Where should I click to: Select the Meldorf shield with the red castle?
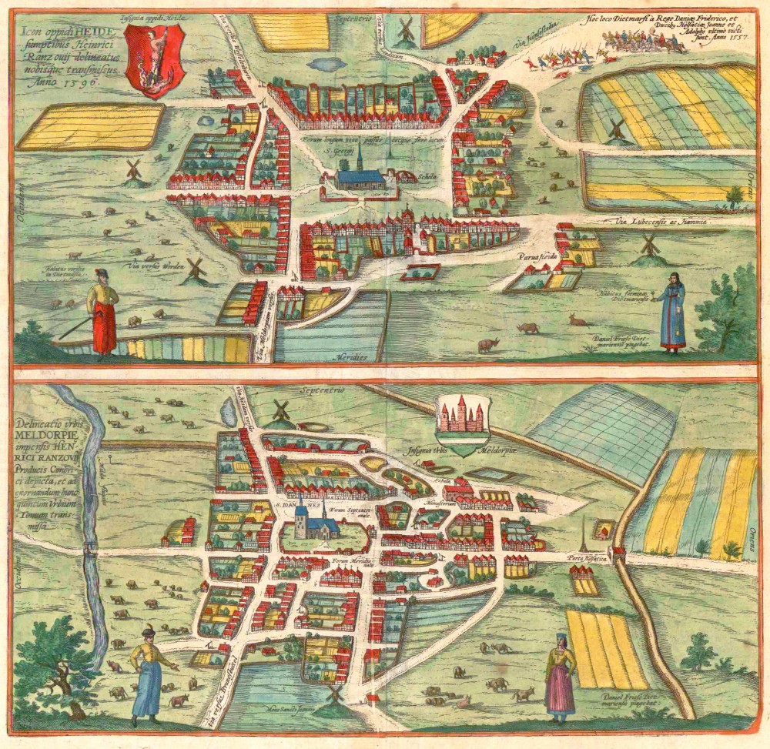pos(463,423)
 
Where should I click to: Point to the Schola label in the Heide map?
pos(406,176)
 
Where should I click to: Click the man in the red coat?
pos(102,313)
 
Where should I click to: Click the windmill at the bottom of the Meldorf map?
pos(334,692)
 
